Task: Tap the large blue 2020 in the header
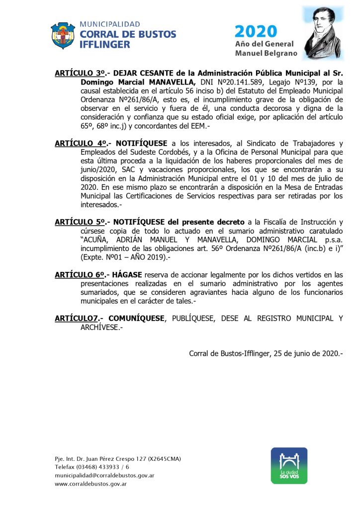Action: click(x=256, y=32)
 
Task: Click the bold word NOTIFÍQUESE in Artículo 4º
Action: click(x=141, y=144)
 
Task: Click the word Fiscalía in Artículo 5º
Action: click(x=290, y=222)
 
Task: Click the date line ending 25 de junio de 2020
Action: click(x=266, y=353)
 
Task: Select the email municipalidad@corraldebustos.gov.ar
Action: click(x=104, y=475)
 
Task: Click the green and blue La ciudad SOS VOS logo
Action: click(x=289, y=466)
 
